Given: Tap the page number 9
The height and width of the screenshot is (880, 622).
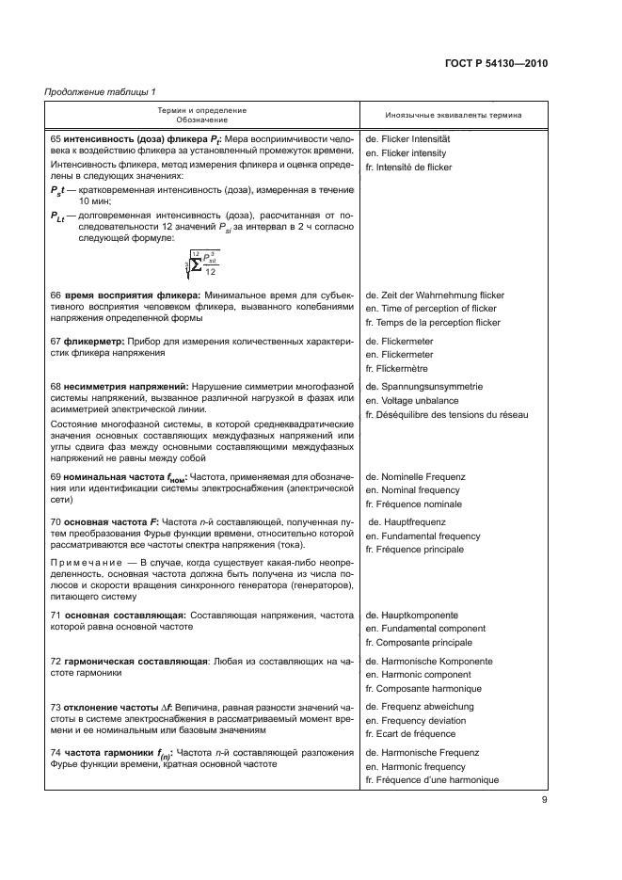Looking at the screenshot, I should pos(545,801).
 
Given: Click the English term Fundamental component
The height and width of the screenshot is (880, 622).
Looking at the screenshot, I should pos(425,628).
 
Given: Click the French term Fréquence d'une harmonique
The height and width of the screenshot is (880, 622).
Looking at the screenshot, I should pos(432,780).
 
